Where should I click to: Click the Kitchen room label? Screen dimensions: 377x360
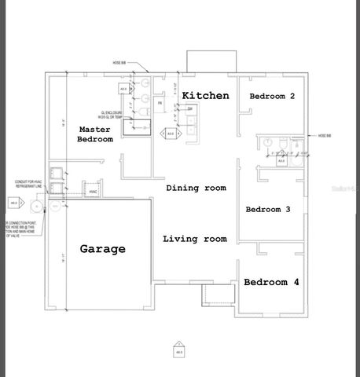pyautogui.click(x=205, y=96)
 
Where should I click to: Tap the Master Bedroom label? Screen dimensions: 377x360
pyautogui.click(x=95, y=134)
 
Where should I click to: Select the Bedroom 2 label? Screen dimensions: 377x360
pyautogui.click(x=272, y=96)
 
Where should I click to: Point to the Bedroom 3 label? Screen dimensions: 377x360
pyautogui.click(x=268, y=210)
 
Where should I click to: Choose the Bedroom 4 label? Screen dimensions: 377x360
pyautogui.click(x=270, y=282)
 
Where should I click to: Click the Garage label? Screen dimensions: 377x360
pyautogui.click(x=102, y=249)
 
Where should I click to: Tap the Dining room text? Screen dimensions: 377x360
pyautogui.click(x=196, y=188)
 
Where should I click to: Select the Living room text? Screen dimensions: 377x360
pyautogui.click(x=194, y=239)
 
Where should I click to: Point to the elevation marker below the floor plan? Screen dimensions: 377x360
pyautogui.click(x=179, y=348)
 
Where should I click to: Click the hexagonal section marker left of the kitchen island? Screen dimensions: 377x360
pyautogui.click(x=170, y=134)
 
